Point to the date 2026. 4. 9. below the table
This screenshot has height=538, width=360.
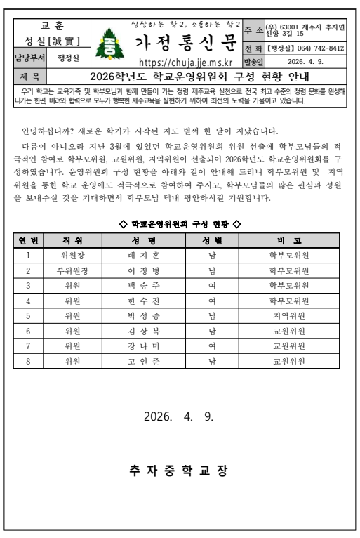point(179,416)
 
